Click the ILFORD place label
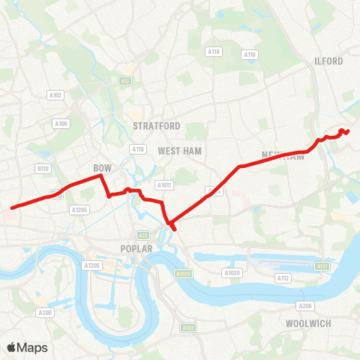330,61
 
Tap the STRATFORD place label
157,125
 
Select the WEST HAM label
180,151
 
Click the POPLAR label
136,248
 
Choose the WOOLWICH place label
308,323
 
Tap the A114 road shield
214,52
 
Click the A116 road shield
250,55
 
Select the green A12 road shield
125,80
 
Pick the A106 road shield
61,124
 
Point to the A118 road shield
137,149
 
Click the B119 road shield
43,169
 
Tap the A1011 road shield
163,184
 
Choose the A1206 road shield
91,265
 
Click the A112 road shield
283,278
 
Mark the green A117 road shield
322,266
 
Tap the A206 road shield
304,306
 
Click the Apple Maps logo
27,347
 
